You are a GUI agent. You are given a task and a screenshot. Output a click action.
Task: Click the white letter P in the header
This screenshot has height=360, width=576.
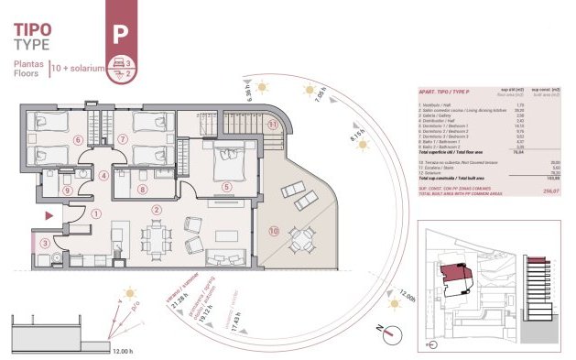(x=118, y=34)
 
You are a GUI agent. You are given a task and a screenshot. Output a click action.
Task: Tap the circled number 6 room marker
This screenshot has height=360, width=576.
(x=52, y=139)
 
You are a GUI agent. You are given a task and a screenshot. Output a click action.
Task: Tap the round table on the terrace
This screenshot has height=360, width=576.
(x=302, y=237)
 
